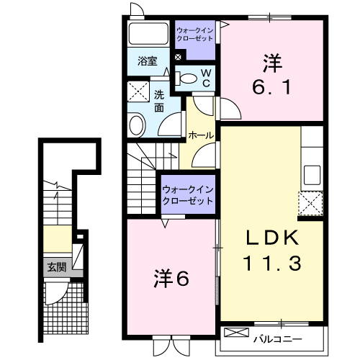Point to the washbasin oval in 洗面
point(138,125)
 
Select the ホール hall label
point(199,135)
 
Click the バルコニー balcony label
point(276,336)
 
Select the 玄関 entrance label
point(56,267)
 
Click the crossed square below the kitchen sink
point(311,203)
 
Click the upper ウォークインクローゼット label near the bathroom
point(196,33)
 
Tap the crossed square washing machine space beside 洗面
point(138,91)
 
